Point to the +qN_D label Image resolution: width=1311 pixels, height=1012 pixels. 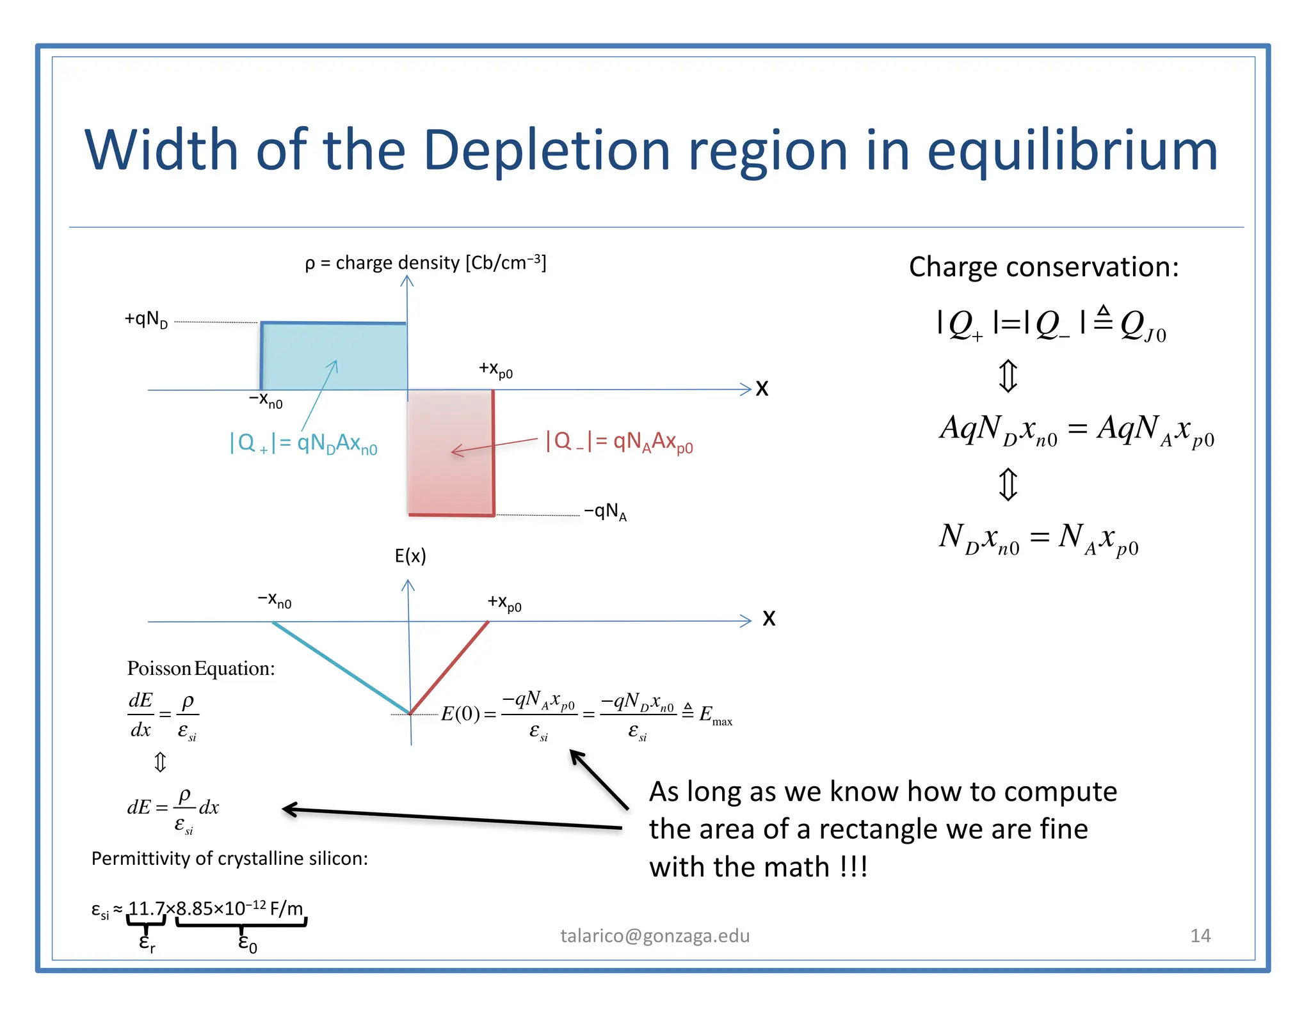[x=146, y=319]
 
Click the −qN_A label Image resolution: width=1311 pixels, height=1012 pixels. [x=605, y=512]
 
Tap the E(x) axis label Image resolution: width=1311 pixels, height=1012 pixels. [x=410, y=556]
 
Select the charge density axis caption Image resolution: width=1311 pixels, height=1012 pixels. [x=426, y=263]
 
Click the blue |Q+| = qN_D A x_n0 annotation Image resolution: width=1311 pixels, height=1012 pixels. [x=303, y=443]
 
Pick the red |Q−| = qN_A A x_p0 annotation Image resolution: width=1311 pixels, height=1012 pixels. [x=619, y=441]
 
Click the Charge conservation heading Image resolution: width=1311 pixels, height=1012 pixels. [x=1043, y=267]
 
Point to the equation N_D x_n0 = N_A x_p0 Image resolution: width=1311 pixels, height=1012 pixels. [x=1038, y=539]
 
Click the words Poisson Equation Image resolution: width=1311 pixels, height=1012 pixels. [x=201, y=668]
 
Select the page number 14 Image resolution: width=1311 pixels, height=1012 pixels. [x=1200, y=936]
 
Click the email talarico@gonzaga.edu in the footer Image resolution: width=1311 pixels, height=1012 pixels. [x=655, y=936]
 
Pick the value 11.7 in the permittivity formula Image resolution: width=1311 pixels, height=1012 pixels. [x=147, y=908]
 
